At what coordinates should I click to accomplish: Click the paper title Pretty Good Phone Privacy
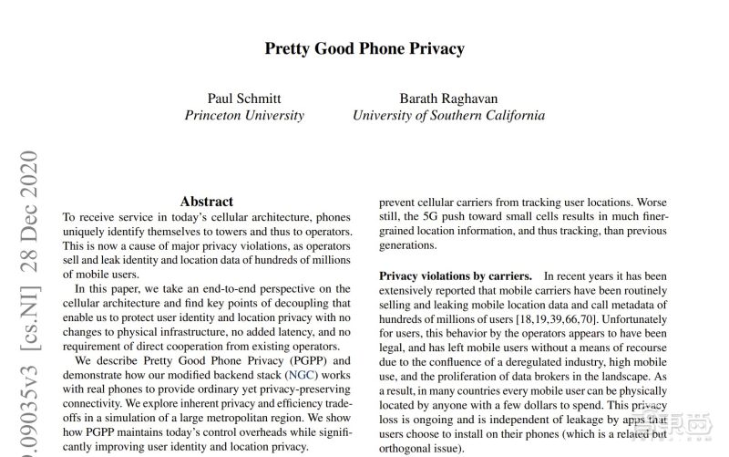pos(364,48)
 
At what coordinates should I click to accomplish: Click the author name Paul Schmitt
pos(244,98)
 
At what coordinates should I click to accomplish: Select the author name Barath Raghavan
pos(448,98)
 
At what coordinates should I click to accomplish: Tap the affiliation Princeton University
pos(244,116)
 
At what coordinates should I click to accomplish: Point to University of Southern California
pos(448,116)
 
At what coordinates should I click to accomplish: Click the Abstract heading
pos(206,202)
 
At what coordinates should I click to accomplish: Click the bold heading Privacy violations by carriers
pos(456,275)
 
